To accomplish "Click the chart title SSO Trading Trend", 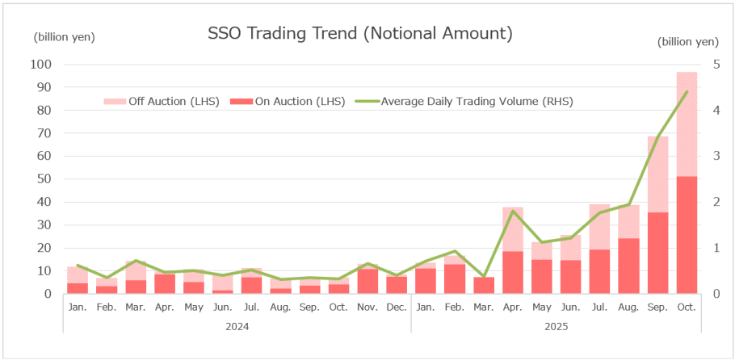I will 360,34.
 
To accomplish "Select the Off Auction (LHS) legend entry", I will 162,102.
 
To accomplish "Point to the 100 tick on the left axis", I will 40,65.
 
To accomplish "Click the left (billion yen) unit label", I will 64,38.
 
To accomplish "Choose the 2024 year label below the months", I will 237,327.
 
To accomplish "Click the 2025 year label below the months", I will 556,327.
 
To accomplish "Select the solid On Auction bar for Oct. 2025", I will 687,234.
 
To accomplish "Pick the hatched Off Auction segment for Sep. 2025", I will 657,174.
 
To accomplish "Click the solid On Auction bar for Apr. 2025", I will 513,272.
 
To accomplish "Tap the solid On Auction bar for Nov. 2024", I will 367,281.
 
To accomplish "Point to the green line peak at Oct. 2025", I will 687,91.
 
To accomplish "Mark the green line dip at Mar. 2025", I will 484,277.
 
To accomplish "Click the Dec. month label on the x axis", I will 397,307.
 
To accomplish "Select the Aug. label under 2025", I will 628,307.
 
